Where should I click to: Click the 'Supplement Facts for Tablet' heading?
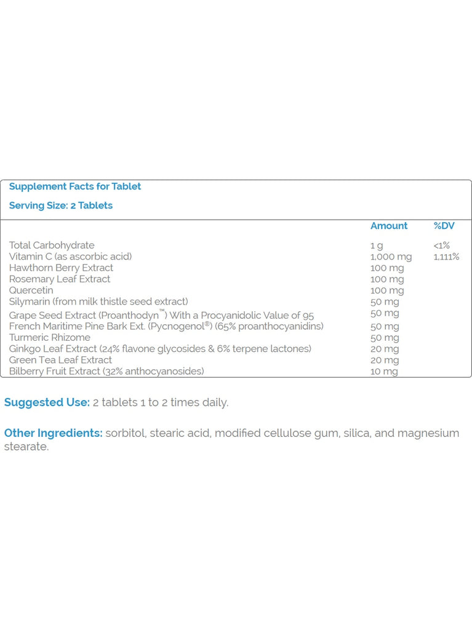(74, 186)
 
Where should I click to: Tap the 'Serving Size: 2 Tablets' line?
(60, 205)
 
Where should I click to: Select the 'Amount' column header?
(388, 226)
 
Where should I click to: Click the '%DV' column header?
(444, 226)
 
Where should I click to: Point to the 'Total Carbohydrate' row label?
(52, 245)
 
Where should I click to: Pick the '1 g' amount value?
(376, 245)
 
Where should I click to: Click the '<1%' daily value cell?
(441, 245)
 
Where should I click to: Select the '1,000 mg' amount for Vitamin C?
(391, 257)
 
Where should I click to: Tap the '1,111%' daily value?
(446, 257)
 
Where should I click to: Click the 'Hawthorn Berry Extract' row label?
(61, 268)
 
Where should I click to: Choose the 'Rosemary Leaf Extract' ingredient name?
(60, 279)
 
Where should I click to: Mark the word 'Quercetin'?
(31, 290)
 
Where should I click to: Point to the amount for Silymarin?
(385, 301)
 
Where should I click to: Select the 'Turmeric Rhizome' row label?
(49, 337)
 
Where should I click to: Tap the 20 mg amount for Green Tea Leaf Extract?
(385, 360)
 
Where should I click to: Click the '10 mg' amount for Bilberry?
(384, 372)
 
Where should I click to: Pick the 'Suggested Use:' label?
(47, 402)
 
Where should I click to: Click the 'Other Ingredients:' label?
(53, 433)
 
